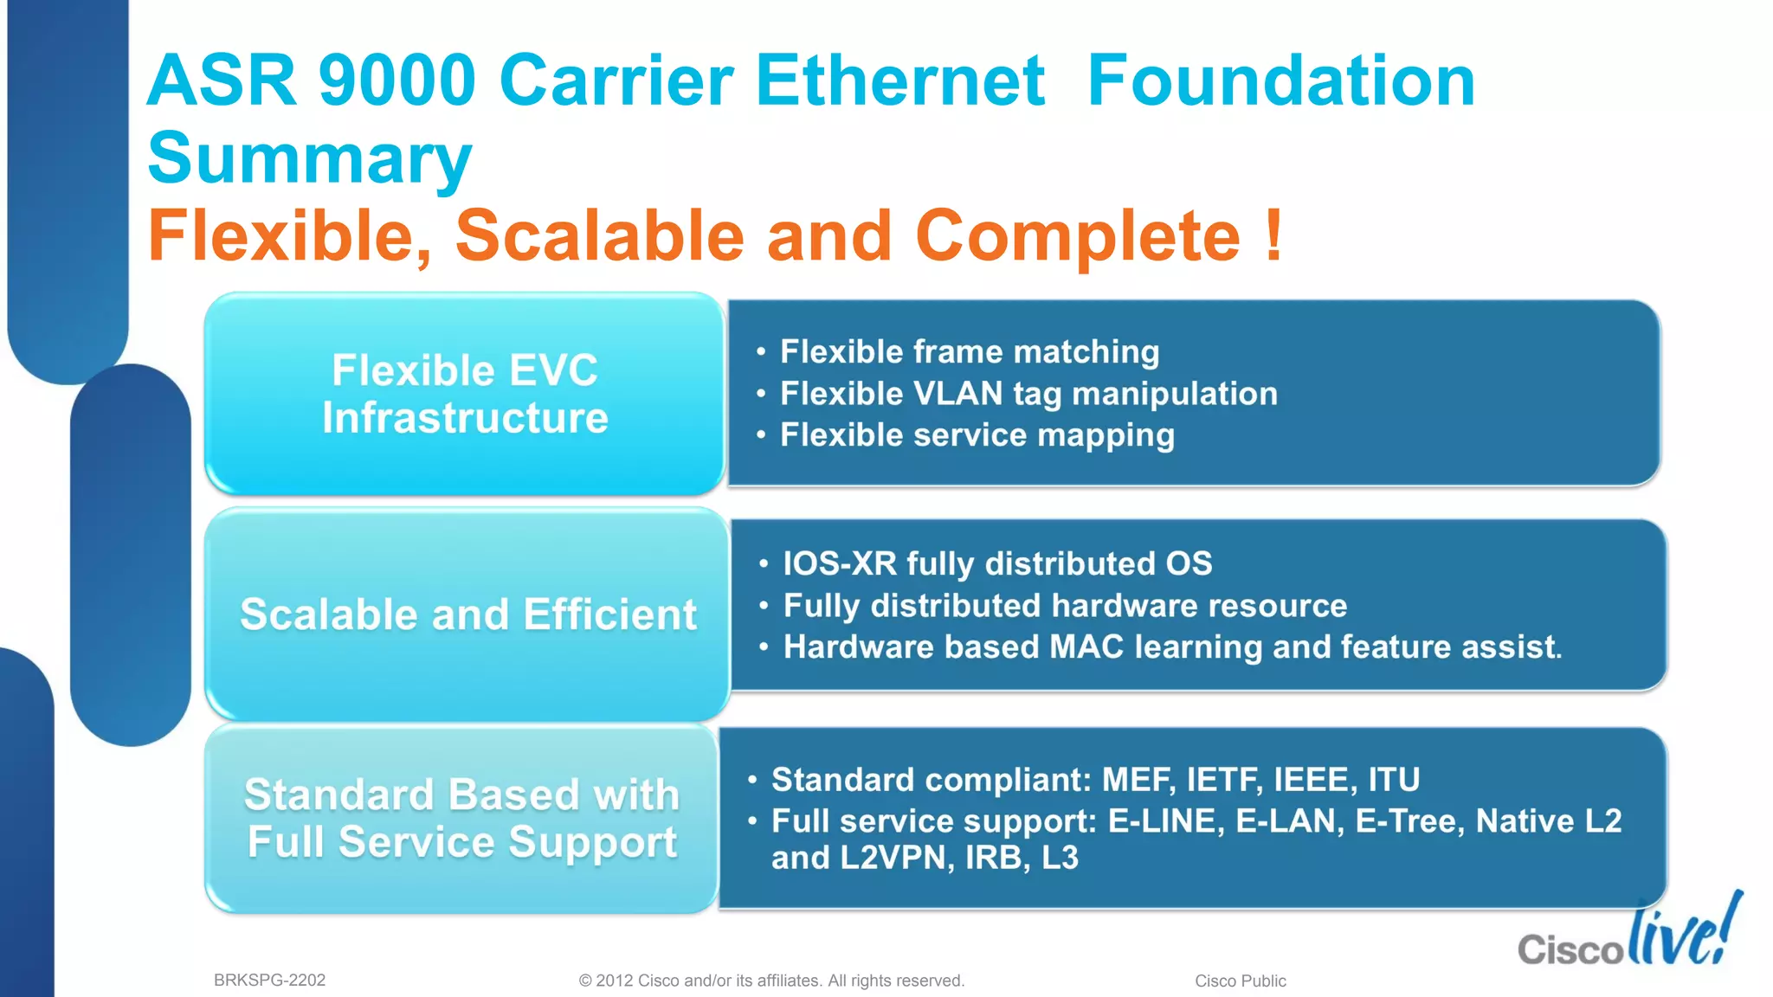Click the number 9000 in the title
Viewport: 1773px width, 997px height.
(x=397, y=80)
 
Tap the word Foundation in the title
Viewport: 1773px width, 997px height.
(x=1280, y=80)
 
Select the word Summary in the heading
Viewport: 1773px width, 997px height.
(x=309, y=158)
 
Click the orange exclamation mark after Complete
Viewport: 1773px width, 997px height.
(x=1272, y=235)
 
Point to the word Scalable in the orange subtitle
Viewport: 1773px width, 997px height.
(x=599, y=235)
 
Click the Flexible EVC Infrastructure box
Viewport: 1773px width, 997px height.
(x=465, y=394)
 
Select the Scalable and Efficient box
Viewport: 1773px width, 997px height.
(x=467, y=614)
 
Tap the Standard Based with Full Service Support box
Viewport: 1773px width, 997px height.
(x=462, y=819)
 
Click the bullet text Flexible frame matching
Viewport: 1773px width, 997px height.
(x=969, y=352)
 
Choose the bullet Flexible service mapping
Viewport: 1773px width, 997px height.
(x=977, y=435)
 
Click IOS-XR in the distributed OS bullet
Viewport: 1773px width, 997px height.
(x=839, y=564)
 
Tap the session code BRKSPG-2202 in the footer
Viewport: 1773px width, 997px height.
(x=269, y=980)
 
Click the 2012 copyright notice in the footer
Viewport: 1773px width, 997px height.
(x=770, y=981)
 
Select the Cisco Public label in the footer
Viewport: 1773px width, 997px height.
(x=1240, y=981)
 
